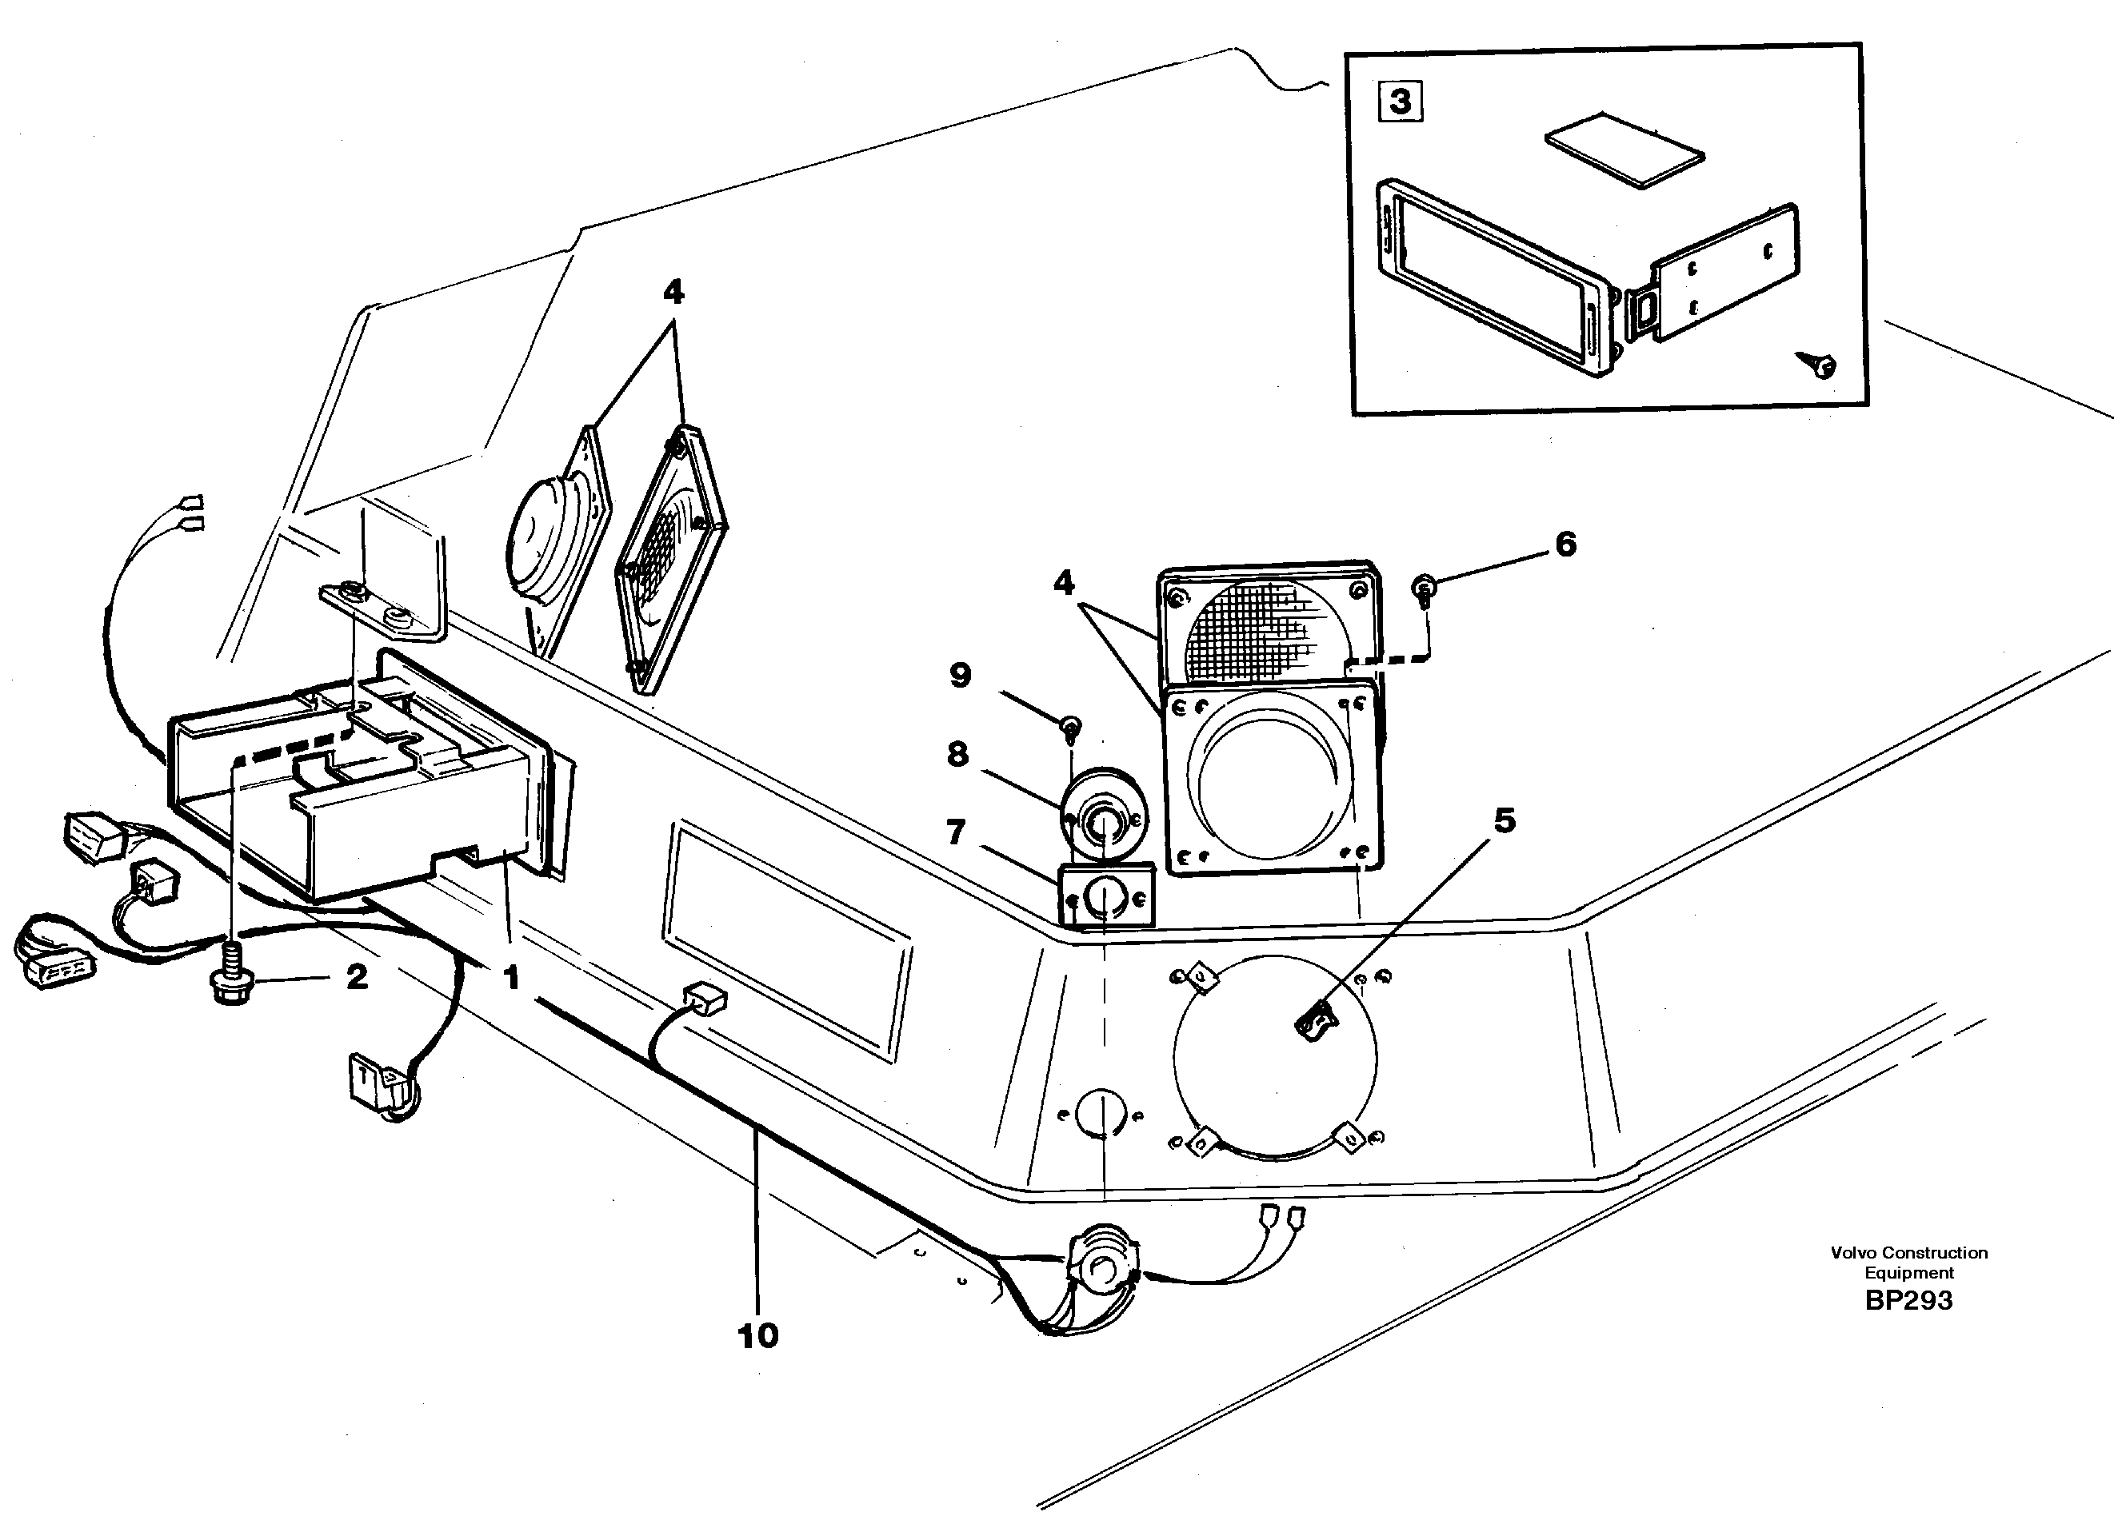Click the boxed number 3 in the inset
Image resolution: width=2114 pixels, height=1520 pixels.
coord(1400,101)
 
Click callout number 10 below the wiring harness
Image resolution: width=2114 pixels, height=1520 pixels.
coord(757,1335)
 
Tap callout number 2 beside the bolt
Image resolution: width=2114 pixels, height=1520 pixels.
coord(357,976)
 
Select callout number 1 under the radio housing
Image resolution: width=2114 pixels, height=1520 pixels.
coord(511,978)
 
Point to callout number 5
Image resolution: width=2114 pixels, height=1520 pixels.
coord(1505,820)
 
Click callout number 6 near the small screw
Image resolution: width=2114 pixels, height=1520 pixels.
coord(1566,545)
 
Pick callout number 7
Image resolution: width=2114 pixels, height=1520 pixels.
coord(957,832)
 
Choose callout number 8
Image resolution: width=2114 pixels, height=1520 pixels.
coord(957,753)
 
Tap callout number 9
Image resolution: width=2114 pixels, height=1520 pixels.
coord(960,675)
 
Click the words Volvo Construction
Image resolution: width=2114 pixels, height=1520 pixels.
coord(1908,1252)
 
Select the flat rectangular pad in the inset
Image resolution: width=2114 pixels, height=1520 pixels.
coord(1624,149)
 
